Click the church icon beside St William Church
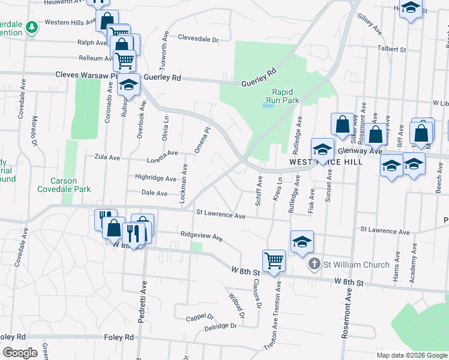314,264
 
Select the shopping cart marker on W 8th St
274,261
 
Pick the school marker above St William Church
302,241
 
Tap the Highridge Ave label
155,178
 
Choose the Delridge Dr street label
221,327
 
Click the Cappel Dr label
200,317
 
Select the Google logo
20,352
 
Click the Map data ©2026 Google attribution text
411,355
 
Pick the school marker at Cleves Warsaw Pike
128,85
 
